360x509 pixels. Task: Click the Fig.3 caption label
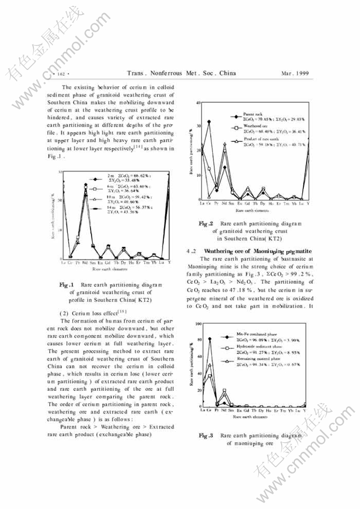point(206,435)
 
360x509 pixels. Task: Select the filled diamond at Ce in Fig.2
point(209,121)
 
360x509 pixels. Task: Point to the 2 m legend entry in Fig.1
point(110,175)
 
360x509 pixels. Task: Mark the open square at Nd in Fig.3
point(224,391)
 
